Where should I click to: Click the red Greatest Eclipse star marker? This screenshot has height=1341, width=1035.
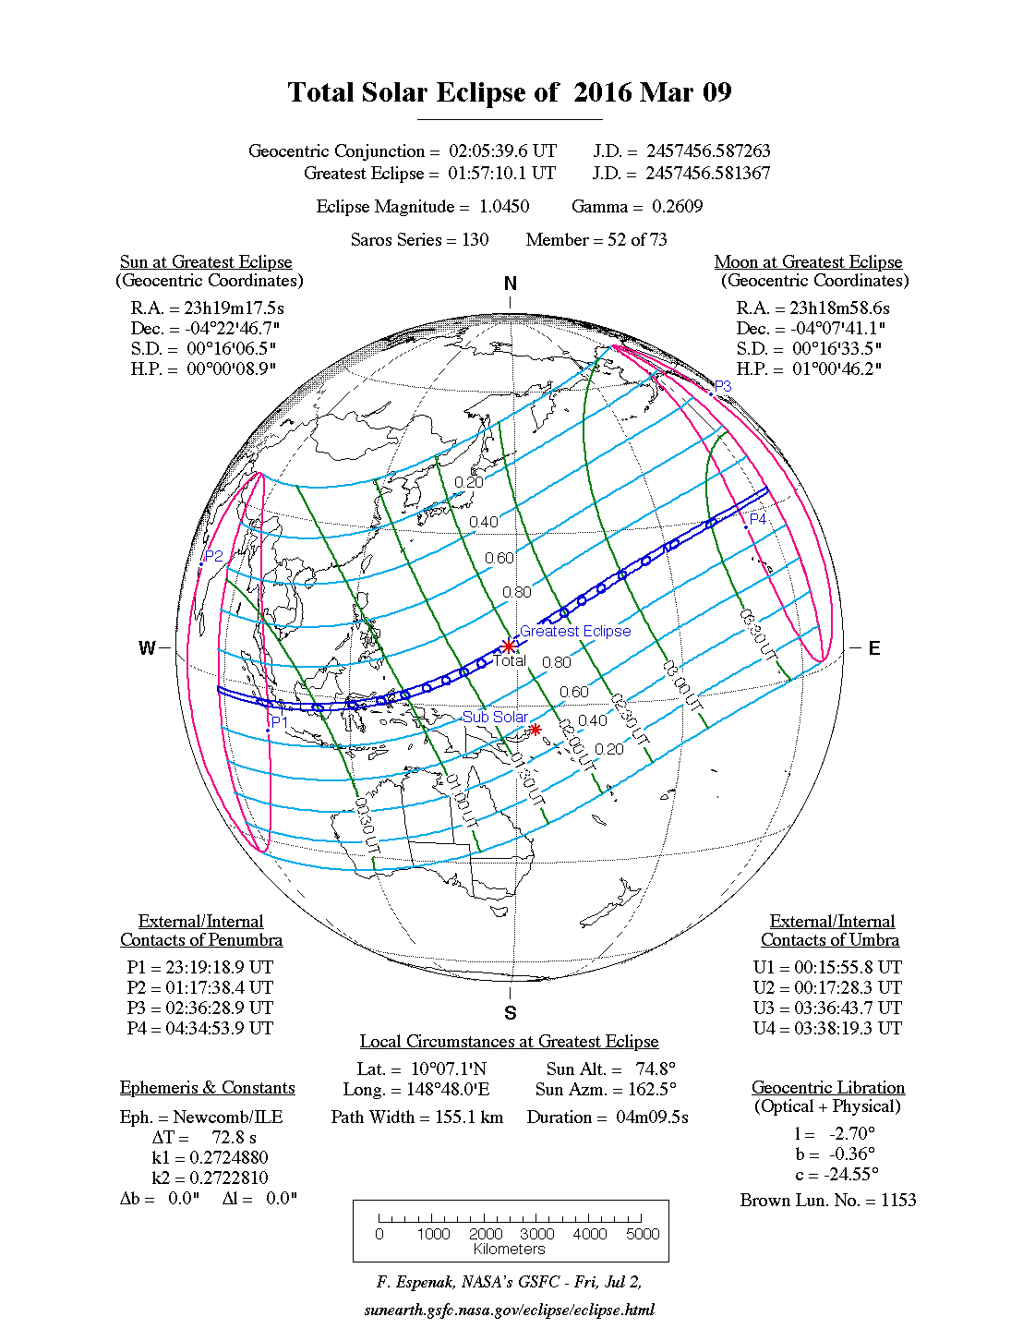[x=508, y=646]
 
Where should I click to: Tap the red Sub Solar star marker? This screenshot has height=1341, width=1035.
[x=535, y=730]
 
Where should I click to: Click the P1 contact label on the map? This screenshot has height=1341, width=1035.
[x=280, y=721]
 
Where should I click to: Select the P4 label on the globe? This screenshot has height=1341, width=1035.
[x=757, y=519]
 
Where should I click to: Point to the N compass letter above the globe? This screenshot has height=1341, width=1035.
[x=511, y=284]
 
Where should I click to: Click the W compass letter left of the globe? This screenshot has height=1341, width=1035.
[x=147, y=648]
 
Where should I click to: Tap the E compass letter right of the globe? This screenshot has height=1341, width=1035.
[x=873, y=648]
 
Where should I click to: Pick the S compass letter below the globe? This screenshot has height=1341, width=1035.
[x=511, y=1013]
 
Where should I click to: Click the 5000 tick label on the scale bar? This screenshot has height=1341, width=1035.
[x=643, y=1234]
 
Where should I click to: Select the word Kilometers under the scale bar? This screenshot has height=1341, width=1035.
[x=510, y=1250]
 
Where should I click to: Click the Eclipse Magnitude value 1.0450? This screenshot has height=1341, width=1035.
[x=504, y=207]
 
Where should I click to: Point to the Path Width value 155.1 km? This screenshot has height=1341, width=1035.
[x=469, y=1117]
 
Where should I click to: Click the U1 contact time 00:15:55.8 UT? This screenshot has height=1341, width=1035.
[x=848, y=968]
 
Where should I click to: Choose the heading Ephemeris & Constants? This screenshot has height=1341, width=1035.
[x=207, y=1088]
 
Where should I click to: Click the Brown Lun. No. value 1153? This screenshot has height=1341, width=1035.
[x=898, y=1201]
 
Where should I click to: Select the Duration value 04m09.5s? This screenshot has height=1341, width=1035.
[x=652, y=1117]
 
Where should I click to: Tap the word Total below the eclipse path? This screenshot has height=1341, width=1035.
[x=510, y=660]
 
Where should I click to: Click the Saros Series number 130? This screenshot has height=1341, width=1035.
[x=475, y=240]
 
